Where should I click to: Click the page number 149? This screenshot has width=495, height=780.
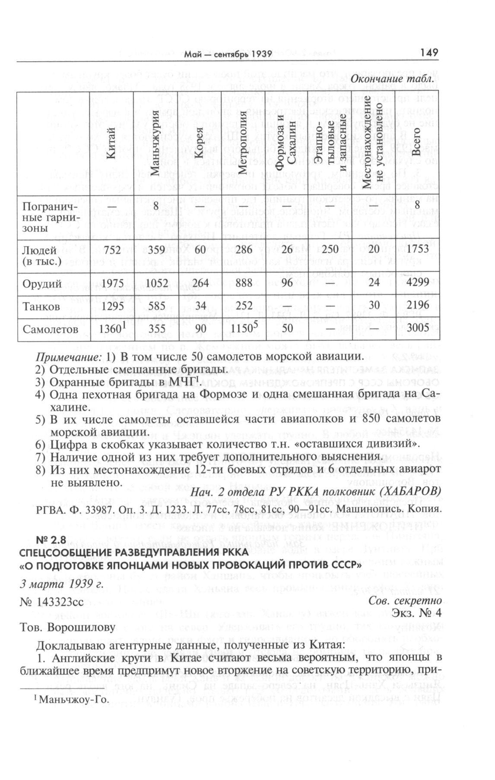pos(428,53)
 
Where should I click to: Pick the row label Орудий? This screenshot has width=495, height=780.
pos(42,284)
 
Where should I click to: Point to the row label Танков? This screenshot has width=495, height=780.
pos(41,306)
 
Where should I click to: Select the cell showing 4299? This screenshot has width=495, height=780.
pos(417,283)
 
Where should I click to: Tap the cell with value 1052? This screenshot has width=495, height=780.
pos(156,283)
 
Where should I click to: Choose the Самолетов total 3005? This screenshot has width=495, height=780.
pos(417,328)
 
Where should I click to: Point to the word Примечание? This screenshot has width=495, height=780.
pos(68,357)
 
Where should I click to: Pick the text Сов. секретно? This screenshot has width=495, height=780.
pos(405,601)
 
